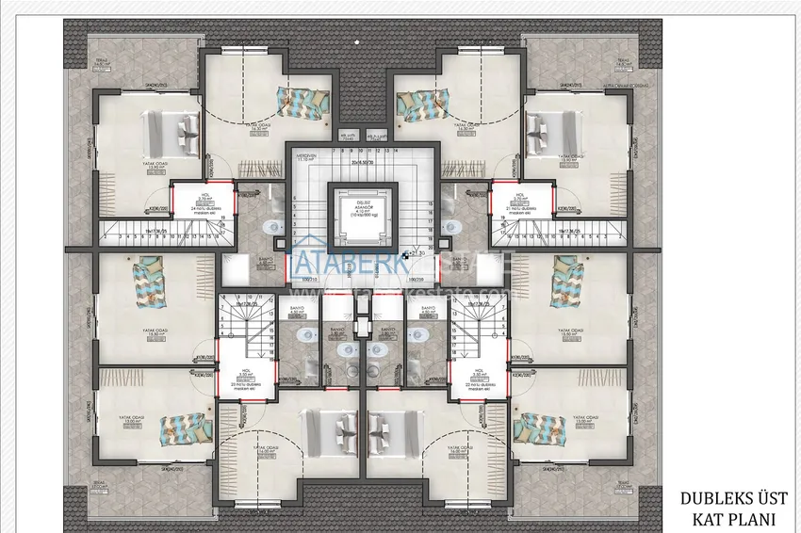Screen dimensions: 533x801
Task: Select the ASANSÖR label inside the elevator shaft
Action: click(351, 208)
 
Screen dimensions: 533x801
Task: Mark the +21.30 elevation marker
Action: click(414, 252)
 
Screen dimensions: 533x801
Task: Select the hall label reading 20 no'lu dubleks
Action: click(242, 384)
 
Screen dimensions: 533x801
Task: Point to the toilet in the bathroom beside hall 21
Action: click(449, 226)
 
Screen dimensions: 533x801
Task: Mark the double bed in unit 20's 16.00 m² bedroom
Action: click(324, 435)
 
